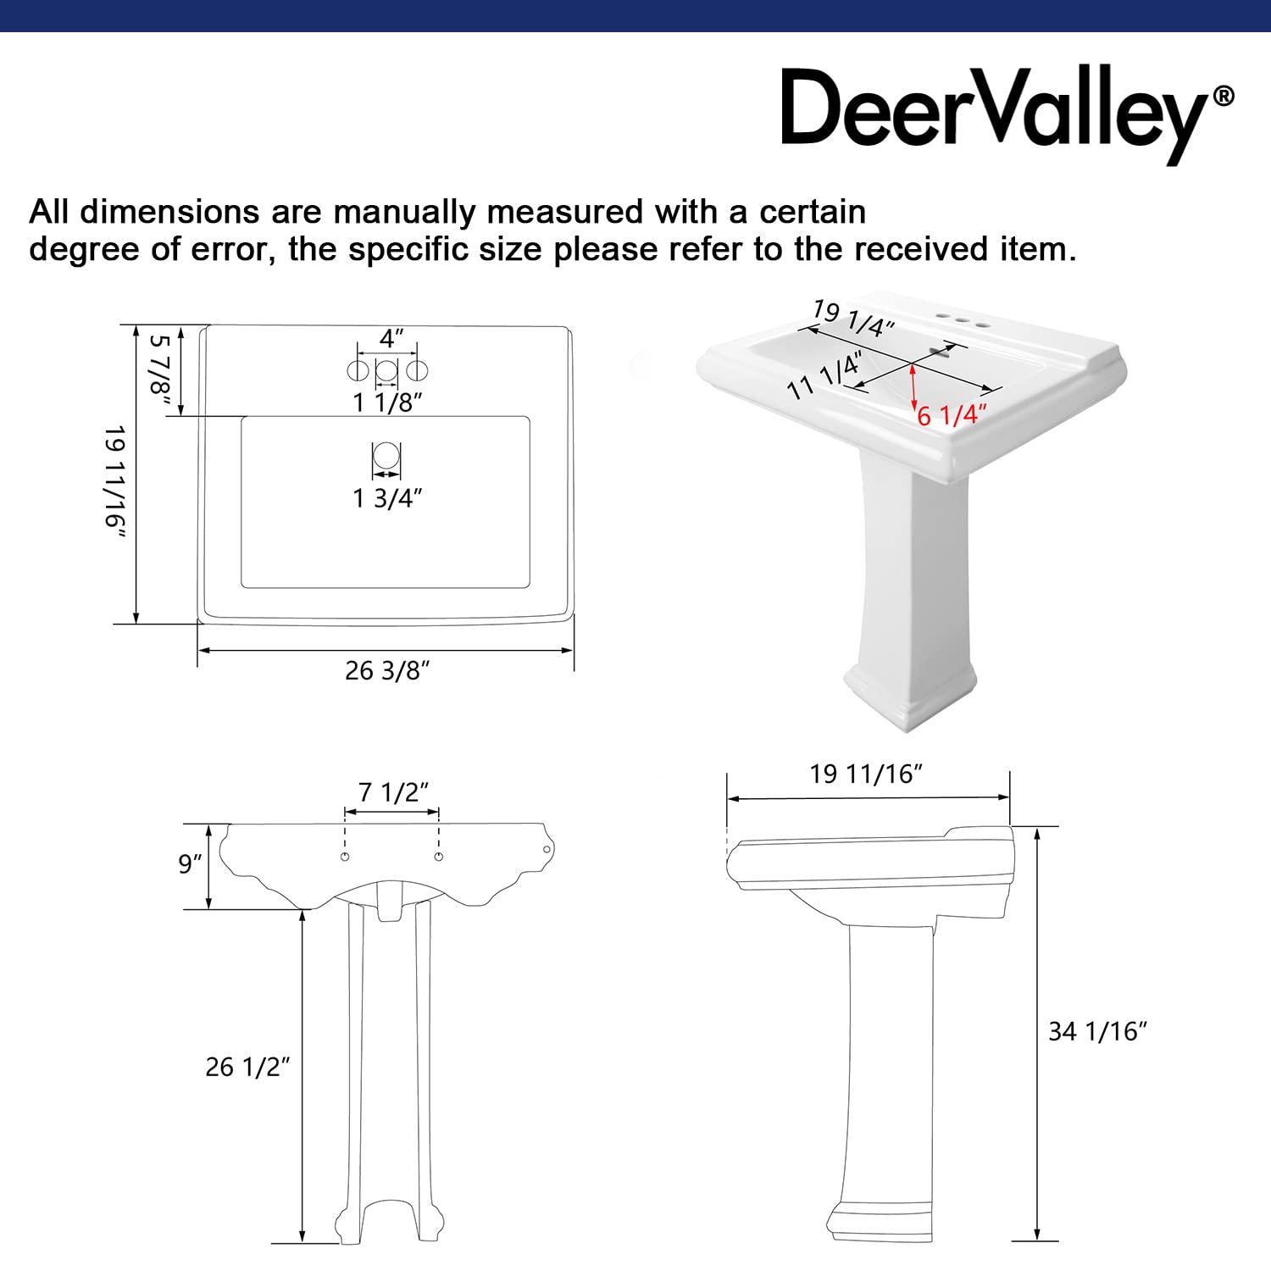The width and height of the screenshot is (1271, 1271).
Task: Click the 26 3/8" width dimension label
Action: pos(387,670)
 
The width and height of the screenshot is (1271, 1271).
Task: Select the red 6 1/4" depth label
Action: pos(952,415)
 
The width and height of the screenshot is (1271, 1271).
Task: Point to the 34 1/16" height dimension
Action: pos(1097,1031)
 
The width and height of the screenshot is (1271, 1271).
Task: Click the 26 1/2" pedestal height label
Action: pos(247,1067)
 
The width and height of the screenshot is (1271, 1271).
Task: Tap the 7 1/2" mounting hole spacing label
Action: pos(392,792)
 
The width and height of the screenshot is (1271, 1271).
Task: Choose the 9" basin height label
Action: pos(191,864)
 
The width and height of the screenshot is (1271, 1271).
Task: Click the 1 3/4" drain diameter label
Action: pos(387,498)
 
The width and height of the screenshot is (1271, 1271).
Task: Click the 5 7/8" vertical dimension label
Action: pos(160,374)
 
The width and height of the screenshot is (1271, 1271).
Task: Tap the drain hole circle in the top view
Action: pos(386,457)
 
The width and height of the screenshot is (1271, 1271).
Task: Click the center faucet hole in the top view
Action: pos(386,370)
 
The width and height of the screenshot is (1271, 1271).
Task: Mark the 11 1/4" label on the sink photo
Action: pos(824,375)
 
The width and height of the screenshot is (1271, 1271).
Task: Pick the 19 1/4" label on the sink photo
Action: pos(853,318)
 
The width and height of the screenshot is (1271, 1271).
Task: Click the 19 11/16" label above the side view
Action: pos(866,774)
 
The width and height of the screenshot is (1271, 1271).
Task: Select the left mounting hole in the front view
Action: pos(345,858)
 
